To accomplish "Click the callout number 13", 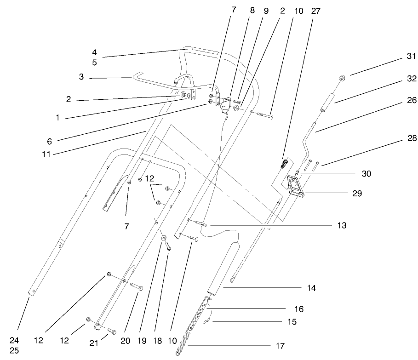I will click(342, 225).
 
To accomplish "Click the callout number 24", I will click(14, 341).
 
